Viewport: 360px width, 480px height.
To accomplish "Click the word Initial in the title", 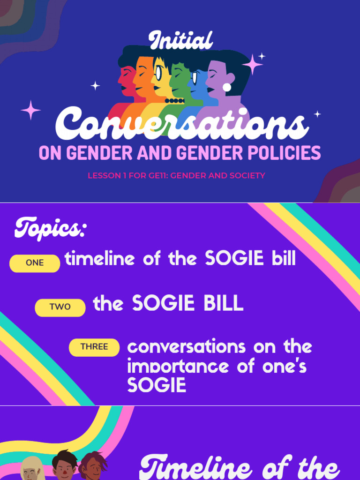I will [180, 41].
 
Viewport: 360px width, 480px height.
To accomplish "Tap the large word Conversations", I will [182, 124].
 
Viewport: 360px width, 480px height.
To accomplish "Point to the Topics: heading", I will [50, 229].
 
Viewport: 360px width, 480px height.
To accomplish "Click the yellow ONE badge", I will [35, 263].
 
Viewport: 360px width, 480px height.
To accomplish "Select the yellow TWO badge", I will [60, 307].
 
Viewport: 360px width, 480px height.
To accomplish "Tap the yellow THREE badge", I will [94, 347].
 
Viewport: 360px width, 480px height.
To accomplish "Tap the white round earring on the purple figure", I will [227, 87].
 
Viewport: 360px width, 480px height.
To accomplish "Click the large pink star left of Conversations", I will [31, 110].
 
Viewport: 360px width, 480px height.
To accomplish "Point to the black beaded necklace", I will [174, 101].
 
